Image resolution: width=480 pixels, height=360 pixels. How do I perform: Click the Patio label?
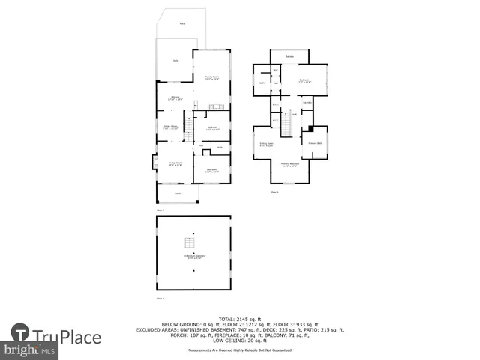click(182, 23)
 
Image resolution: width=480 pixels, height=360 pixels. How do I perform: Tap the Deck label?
click(175, 61)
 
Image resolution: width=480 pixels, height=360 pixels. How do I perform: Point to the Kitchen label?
click(174, 97)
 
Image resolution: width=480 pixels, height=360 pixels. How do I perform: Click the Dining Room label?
click(171, 127)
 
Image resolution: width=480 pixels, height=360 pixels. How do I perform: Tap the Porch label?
click(178, 193)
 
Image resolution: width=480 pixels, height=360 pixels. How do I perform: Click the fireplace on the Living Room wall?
click(155, 161)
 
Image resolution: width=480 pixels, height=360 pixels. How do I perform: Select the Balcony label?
click(289, 57)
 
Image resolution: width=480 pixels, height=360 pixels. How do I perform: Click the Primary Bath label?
click(314, 142)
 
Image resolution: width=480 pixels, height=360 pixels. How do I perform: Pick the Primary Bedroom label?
click(290, 164)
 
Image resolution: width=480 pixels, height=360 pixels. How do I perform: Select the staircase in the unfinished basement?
click(190, 243)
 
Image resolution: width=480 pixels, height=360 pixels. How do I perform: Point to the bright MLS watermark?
click(30, 350)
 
